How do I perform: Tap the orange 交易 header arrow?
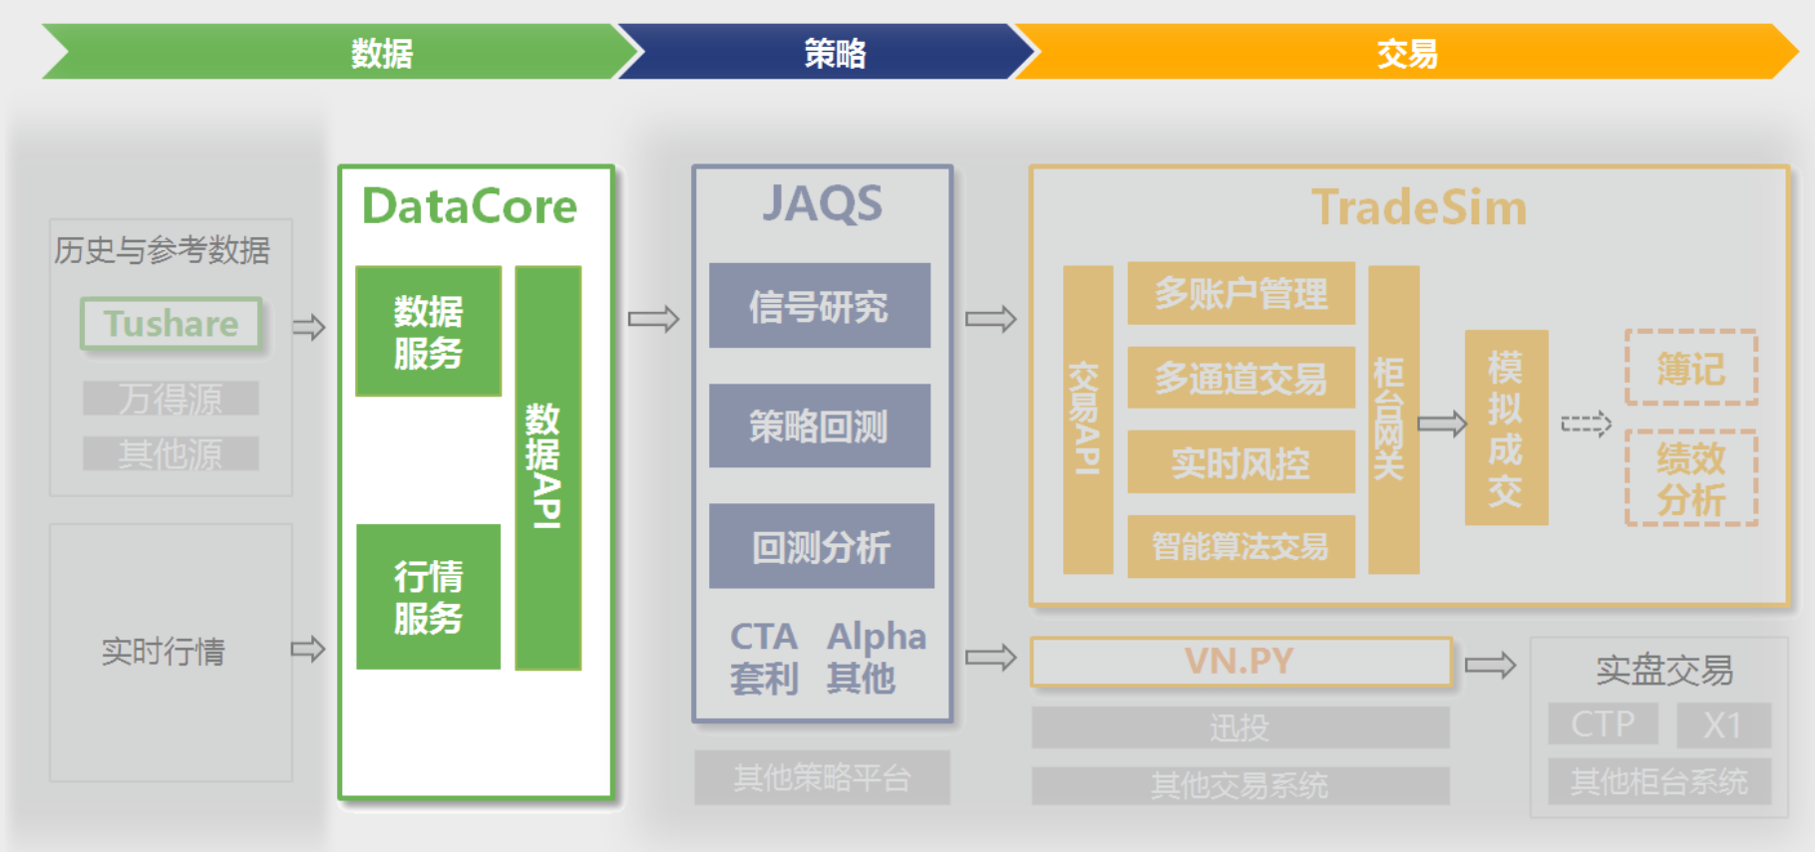click(1406, 52)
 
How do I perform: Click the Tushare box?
click(172, 324)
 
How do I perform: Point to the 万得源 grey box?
click(171, 399)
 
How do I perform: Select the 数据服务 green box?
click(428, 332)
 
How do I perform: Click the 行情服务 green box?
click(428, 597)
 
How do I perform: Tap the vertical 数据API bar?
click(547, 467)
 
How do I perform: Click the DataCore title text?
click(469, 206)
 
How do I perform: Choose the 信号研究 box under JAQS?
click(819, 306)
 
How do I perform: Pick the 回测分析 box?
click(821, 546)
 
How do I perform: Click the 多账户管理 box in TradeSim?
click(1241, 293)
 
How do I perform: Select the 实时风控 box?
click(1241, 462)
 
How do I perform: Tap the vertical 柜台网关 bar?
click(1392, 420)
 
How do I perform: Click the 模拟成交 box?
click(1506, 427)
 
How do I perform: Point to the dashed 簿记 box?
click(1690, 368)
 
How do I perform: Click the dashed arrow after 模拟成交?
click(1586, 425)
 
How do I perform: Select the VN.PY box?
click(1240, 662)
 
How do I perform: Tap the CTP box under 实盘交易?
click(1603, 724)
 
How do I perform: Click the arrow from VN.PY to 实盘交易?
click(1490, 665)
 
